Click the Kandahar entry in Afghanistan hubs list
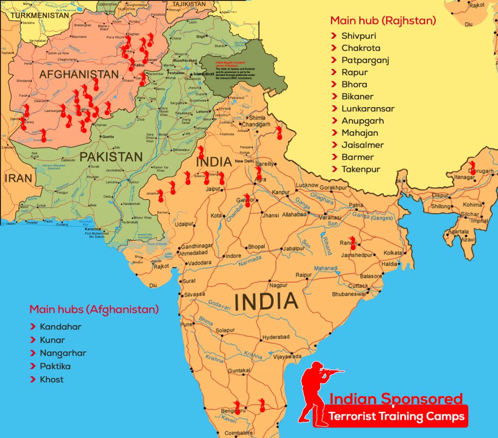coord(60,327)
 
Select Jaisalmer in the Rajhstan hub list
coord(362,145)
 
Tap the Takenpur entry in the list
coord(360,169)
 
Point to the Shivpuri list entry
coord(358,36)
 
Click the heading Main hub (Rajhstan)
coord(383,21)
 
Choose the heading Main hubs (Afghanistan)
coord(94,310)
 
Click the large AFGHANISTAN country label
coord(79,74)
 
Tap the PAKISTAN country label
coord(111,157)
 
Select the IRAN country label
coord(18,178)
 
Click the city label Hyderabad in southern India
coord(276,337)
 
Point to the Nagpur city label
coord(278,285)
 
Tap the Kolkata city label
coord(393,253)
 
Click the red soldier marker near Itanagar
coord(473,167)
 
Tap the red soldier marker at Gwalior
coord(248,200)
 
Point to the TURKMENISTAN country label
coord(39,15)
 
